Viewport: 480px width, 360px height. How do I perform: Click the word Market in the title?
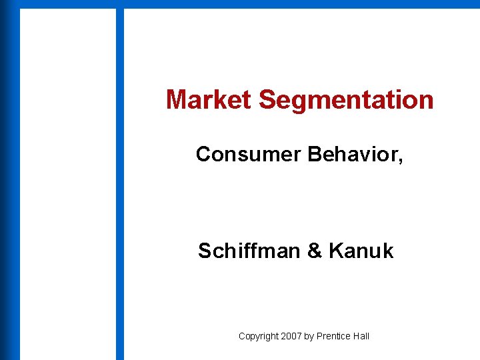[209, 100]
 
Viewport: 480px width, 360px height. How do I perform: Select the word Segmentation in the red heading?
[346, 101]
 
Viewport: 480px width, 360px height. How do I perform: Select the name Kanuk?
[361, 251]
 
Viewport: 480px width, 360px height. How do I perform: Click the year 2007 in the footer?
[291, 336]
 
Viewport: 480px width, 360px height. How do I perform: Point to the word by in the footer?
[309, 337]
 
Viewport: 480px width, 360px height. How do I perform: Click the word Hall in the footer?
[361, 336]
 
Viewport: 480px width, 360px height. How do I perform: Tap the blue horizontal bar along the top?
[300, 4]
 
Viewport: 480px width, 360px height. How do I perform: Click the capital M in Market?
[175, 100]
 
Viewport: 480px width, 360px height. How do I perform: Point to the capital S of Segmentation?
[265, 101]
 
